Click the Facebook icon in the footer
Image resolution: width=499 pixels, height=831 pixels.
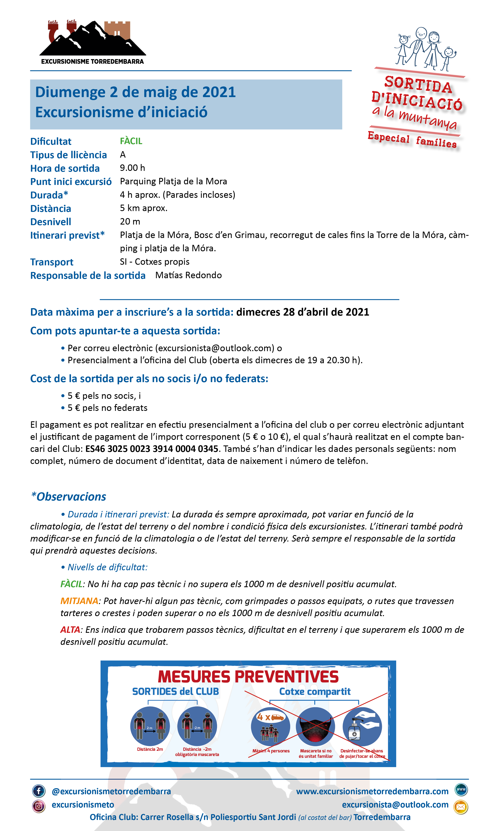pos(39,791)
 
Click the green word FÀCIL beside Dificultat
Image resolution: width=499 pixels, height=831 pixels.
pos(131,141)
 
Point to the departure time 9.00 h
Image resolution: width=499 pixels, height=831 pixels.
pos(132,168)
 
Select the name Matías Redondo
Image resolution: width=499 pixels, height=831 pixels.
pos(188,275)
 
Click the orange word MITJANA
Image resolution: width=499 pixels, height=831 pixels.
pos(79,601)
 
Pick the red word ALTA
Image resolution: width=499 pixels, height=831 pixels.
pos(70,630)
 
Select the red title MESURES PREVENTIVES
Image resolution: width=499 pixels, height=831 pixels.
pos(248,677)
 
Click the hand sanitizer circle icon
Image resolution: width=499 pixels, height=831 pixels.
pos(362,726)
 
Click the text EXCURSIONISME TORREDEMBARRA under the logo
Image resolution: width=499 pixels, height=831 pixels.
pos(93,62)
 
